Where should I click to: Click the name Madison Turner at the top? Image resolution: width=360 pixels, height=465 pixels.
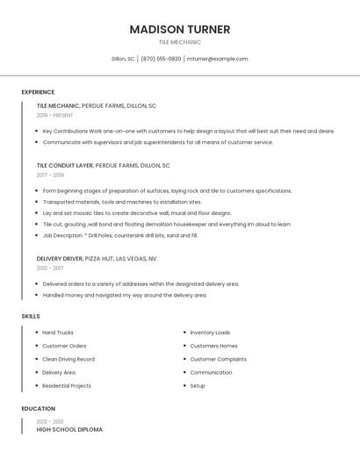point(180,29)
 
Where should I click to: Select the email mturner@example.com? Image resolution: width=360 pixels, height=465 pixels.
point(217,59)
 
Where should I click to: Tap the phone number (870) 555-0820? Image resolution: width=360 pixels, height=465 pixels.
point(161,59)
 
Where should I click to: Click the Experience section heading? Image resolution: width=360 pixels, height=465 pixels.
point(38,92)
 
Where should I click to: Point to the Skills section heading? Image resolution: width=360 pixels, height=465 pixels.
point(31,316)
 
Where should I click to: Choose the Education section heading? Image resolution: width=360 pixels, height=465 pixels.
point(38,409)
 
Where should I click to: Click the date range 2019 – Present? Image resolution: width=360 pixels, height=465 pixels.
point(55,115)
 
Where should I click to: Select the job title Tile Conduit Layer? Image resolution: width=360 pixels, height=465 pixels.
point(65,165)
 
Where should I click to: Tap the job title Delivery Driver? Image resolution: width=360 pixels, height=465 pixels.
point(60,259)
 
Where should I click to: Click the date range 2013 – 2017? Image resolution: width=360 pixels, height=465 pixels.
point(50,268)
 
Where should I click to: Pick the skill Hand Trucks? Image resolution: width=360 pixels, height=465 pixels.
point(58,333)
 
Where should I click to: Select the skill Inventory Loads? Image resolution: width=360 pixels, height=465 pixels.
point(210,333)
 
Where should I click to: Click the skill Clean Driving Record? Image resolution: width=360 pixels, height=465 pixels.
point(68,359)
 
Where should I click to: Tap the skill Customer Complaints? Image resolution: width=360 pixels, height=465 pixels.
point(219,359)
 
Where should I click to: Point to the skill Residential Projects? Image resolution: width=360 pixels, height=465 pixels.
point(67,386)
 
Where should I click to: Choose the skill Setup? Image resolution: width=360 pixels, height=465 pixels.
point(198,386)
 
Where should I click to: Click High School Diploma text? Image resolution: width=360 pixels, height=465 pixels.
point(69,430)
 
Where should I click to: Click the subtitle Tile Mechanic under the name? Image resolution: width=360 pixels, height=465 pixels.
point(180,42)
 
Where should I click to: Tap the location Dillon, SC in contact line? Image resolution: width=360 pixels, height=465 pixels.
point(123,59)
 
